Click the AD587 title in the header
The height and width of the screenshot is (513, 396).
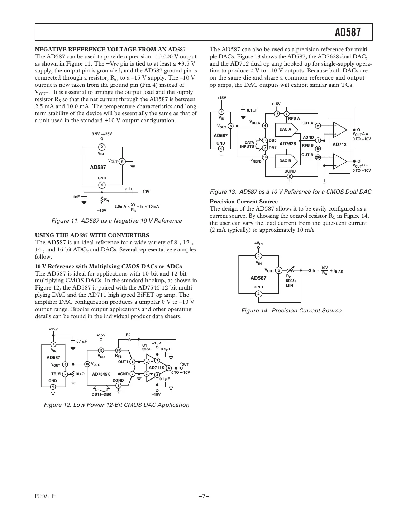(347, 33)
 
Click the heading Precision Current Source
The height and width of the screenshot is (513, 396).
(243, 202)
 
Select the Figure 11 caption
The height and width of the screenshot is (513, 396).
(116, 221)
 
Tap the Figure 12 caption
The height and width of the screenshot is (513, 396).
(116, 405)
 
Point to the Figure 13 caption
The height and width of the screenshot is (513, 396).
(290, 192)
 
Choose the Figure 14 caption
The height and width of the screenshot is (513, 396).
(291, 311)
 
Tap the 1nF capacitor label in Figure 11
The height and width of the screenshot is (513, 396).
(76, 197)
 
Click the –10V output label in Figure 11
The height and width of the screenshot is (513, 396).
(144, 192)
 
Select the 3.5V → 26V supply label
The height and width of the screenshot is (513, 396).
(102, 134)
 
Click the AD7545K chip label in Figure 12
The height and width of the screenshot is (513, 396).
(101, 374)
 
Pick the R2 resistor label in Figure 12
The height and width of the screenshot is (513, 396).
(128, 335)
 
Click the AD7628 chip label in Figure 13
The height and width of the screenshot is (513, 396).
(288, 144)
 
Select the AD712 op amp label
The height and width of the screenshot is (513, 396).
(339, 145)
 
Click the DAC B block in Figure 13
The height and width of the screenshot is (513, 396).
(286, 161)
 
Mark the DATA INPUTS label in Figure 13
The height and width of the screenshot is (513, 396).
(247, 145)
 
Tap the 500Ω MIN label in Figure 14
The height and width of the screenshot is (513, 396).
(290, 283)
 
